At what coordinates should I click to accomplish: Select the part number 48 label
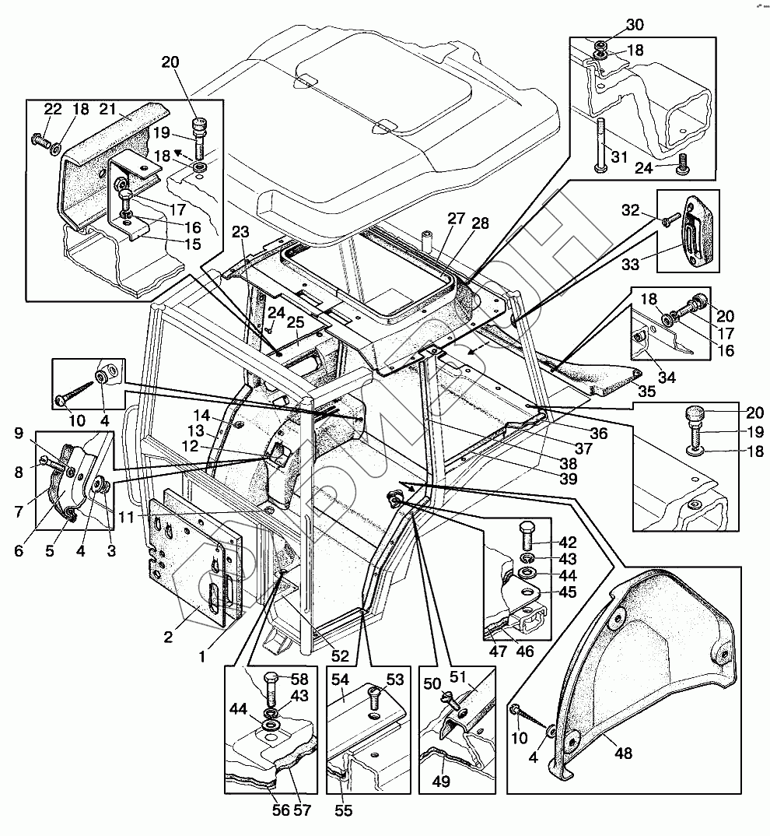624,753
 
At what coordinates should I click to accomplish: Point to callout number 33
631,265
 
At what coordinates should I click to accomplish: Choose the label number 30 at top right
635,25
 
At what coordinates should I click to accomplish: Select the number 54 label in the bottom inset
340,679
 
